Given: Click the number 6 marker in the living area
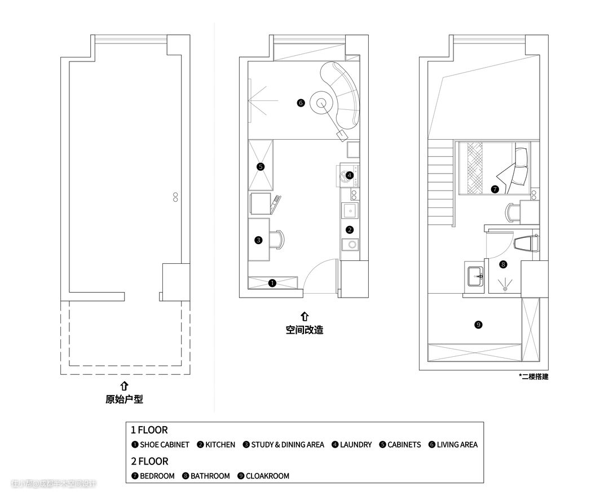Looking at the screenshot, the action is (x=301, y=103).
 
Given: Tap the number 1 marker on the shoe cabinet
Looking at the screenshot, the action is (x=272, y=283).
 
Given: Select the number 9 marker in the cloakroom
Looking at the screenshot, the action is (x=479, y=325).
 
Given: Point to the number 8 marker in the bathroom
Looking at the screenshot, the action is (x=504, y=265).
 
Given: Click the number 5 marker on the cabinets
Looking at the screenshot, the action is (x=261, y=166).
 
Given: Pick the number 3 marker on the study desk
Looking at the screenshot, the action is (x=259, y=240).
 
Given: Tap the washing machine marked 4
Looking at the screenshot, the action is (x=347, y=175).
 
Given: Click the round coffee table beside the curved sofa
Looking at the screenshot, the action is (x=321, y=103).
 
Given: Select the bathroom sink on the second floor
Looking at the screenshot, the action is (x=475, y=276).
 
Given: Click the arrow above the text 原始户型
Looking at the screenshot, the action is (x=124, y=386).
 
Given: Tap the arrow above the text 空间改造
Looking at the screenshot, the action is (x=305, y=316).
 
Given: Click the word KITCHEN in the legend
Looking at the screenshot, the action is (x=220, y=445).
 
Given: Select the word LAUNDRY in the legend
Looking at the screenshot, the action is (x=356, y=445).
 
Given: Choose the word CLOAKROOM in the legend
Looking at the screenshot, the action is (x=268, y=476).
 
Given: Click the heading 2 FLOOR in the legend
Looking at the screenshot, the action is (x=149, y=461).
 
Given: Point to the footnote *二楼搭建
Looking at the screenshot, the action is (x=533, y=376).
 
